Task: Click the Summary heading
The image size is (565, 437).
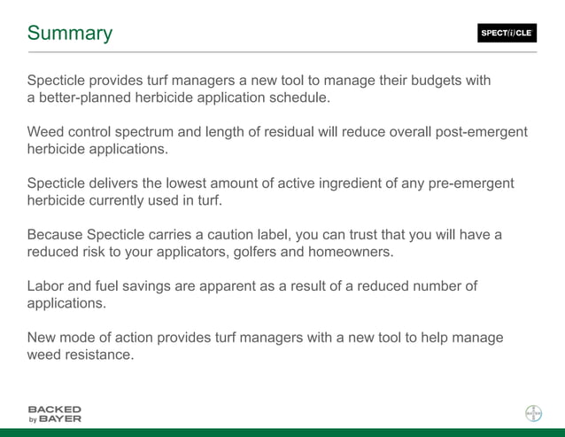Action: click(70, 34)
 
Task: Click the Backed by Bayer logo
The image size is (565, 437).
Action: click(54, 414)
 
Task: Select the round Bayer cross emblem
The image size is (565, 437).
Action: click(533, 413)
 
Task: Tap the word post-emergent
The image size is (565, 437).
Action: click(479, 132)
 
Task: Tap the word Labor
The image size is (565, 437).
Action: click(45, 285)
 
